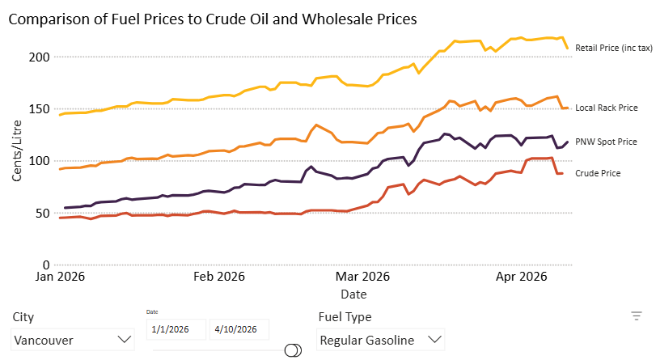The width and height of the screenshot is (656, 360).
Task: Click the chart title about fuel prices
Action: point(213,19)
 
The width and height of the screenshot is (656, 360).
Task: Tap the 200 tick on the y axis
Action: point(39,57)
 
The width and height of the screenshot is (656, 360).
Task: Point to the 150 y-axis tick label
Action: point(39,109)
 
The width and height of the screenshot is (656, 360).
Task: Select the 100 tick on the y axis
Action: point(39,161)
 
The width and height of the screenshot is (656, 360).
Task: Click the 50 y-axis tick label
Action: point(42,213)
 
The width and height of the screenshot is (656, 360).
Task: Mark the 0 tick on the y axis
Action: point(46,265)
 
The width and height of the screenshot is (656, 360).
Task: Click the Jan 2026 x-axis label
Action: point(60,277)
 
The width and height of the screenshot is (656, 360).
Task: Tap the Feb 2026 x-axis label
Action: point(219,277)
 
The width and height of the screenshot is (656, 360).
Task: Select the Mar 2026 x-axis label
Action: point(362,277)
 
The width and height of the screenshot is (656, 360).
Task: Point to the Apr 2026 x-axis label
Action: point(521,277)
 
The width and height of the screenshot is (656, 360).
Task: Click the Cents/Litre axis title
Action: point(17,150)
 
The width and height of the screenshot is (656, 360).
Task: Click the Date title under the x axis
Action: point(353,294)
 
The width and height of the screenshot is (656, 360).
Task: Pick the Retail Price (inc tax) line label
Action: point(614,49)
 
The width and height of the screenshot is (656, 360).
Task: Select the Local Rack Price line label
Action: point(606,108)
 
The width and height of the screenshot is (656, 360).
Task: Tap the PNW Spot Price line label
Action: point(606,142)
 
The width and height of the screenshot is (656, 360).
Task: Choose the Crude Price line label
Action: point(598,173)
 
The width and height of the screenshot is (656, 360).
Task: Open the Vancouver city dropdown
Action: point(72,340)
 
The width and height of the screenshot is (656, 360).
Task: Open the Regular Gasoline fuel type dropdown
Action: point(380,340)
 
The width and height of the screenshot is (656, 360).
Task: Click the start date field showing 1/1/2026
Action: point(176,329)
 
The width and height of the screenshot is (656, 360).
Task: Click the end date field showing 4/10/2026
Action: point(239,329)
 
